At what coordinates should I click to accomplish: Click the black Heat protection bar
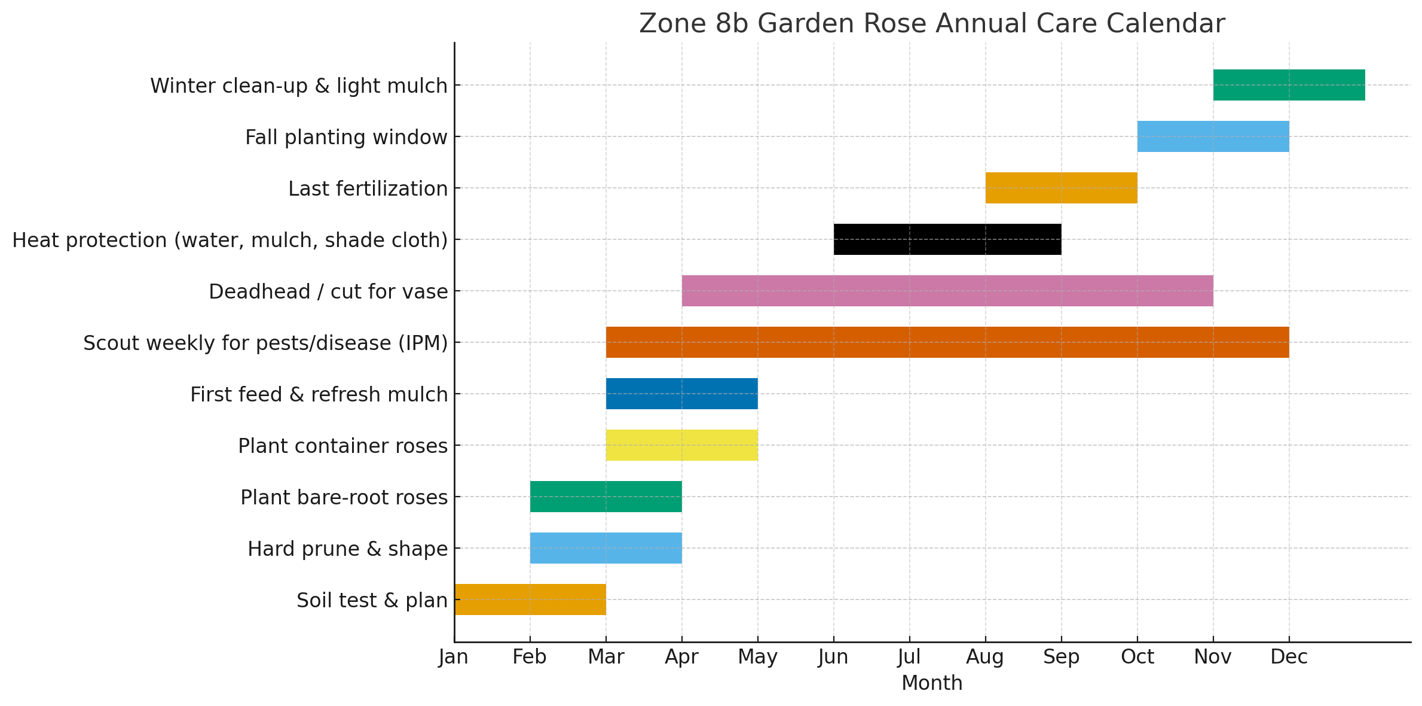(947, 239)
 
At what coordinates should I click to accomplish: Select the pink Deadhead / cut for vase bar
(947, 291)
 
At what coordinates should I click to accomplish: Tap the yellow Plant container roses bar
(681, 445)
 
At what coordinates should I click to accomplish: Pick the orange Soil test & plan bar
(530, 600)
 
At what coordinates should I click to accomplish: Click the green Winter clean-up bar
(1289, 85)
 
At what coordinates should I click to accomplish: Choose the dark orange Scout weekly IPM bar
(947, 342)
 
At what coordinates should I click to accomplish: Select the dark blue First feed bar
(681, 394)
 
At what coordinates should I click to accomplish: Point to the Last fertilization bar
(1061, 188)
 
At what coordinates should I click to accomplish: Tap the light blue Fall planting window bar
(1213, 136)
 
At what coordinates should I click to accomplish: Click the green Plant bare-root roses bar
(606, 497)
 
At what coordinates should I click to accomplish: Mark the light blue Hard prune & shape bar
(606, 548)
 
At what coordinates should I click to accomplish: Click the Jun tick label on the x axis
(833, 657)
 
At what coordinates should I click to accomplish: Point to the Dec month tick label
(1289, 657)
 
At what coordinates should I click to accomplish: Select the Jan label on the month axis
(454, 657)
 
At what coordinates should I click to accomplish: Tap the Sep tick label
(1061, 657)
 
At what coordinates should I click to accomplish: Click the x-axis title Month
(932, 683)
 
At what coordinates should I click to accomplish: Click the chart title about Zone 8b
(932, 24)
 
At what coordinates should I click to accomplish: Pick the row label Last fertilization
(368, 188)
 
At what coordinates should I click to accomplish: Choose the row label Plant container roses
(342, 446)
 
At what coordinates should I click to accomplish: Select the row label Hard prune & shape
(347, 549)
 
